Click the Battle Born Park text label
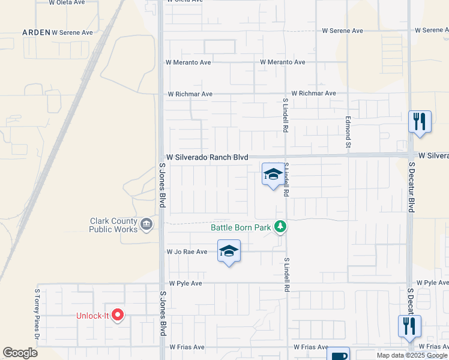click(x=240, y=227)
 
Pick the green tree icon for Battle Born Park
click(x=280, y=227)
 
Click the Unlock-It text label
click(x=92, y=316)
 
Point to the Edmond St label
click(x=348, y=132)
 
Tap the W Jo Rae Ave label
click(x=187, y=252)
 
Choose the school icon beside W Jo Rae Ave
click(x=229, y=251)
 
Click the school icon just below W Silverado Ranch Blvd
click(x=273, y=174)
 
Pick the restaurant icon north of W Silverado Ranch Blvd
click(x=420, y=121)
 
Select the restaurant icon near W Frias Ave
click(x=410, y=326)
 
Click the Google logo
click(x=20, y=353)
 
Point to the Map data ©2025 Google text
click(x=412, y=355)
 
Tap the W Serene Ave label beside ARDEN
click(x=73, y=32)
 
